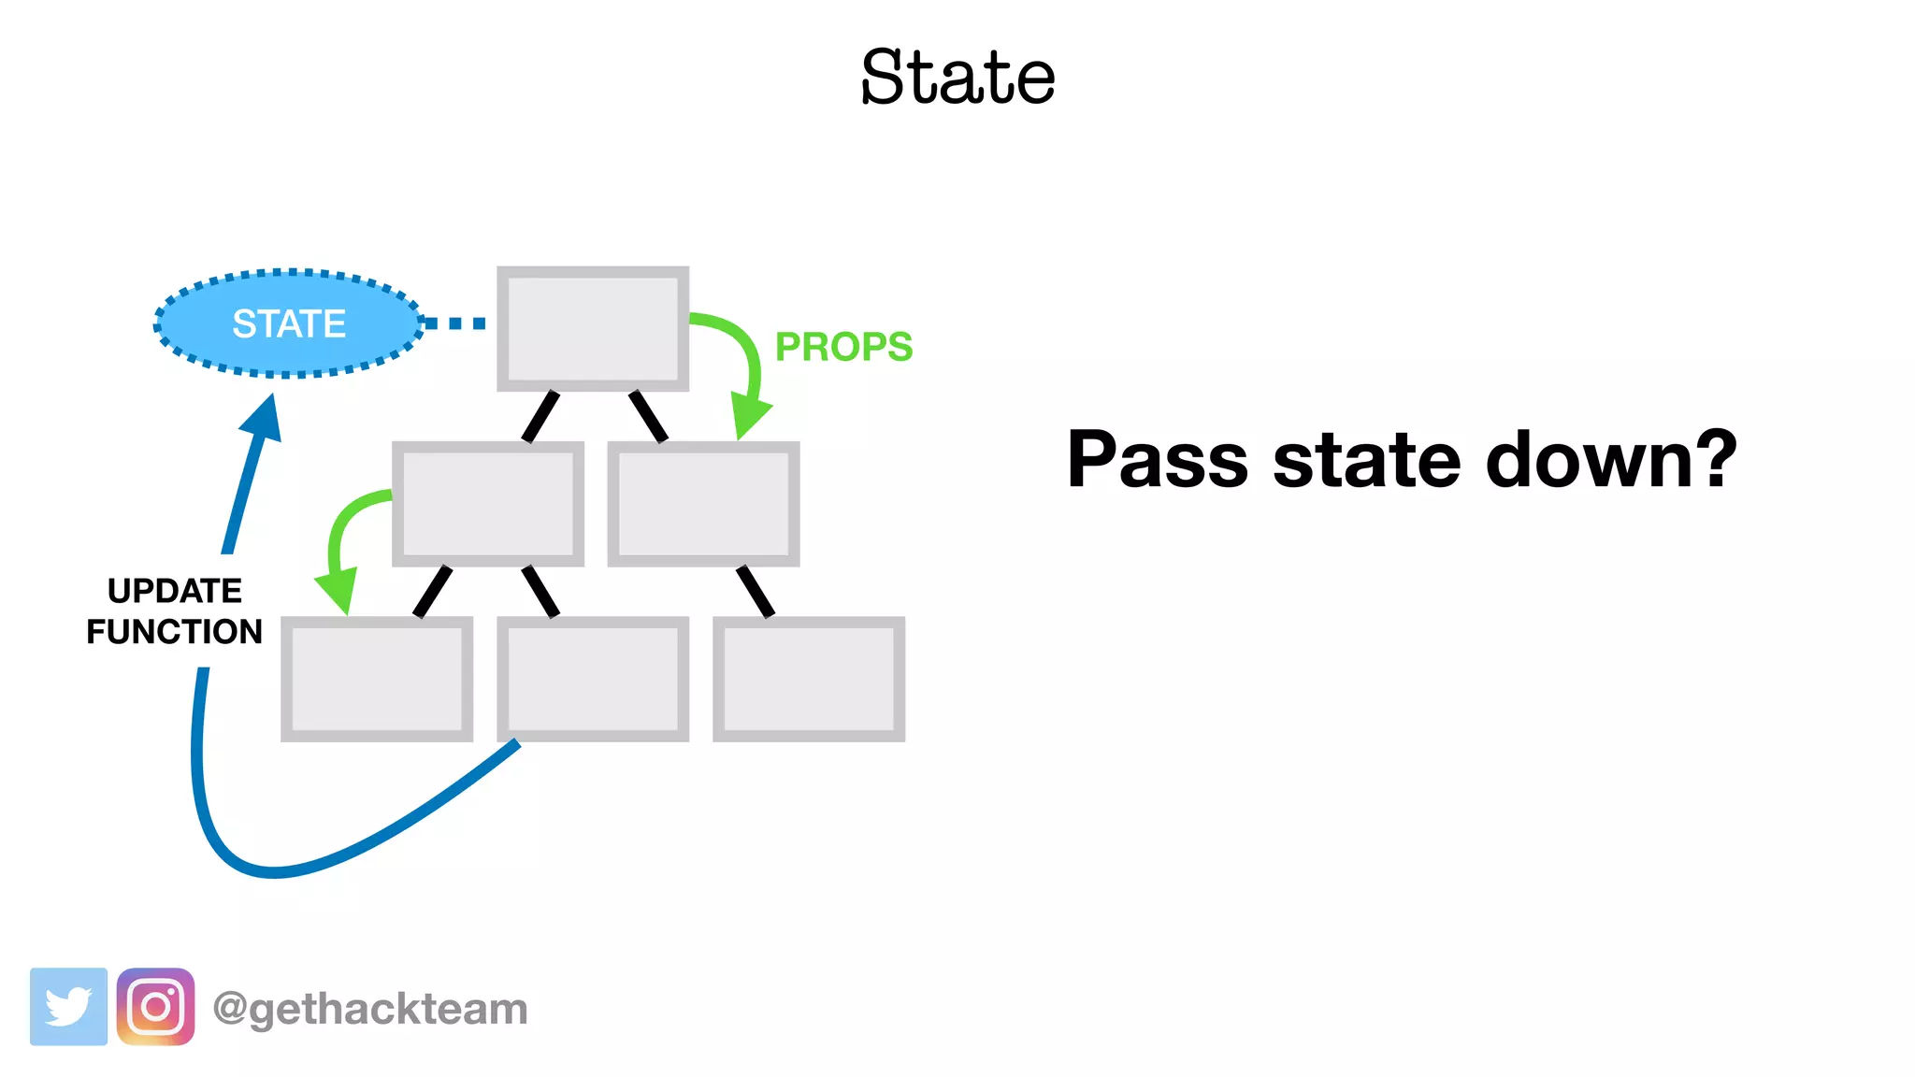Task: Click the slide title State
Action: pyautogui.click(x=957, y=77)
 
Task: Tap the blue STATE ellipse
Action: pyautogui.click(x=289, y=323)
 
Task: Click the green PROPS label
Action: pyautogui.click(x=843, y=347)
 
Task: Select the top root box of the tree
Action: pyautogui.click(x=593, y=328)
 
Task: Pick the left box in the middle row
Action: pyautogui.click(x=488, y=504)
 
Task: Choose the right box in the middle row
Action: pyautogui.click(x=703, y=504)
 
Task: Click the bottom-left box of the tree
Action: pyautogui.click(x=377, y=679)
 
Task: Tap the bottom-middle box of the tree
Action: pyautogui.click(x=593, y=679)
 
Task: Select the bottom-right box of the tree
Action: pyautogui.click(x=809, y=679)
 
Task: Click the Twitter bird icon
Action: pyautogui.click(x=68, y=1007)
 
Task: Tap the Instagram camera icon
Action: pyautogui.click(x=155, y=1007)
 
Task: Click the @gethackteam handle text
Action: pyautogui.click(x=370, y=1009)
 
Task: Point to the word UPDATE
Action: pyautogui.click(x=175, y=591)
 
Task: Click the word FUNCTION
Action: pyautogui.click(x=175, y=632)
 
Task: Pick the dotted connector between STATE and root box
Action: pyautogui.click(x=455, y=323)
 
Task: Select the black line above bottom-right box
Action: pyautogui.click(x=756, y=591)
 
